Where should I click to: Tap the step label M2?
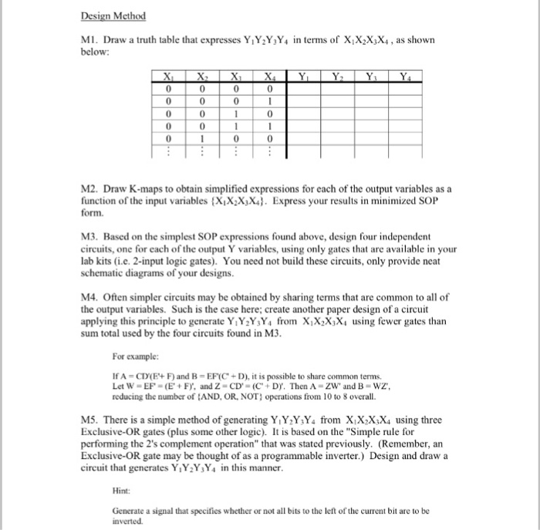[89, 189]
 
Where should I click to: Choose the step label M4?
[89, 296]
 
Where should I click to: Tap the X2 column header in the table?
[202, 76]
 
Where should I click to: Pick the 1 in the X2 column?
[202, 138]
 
